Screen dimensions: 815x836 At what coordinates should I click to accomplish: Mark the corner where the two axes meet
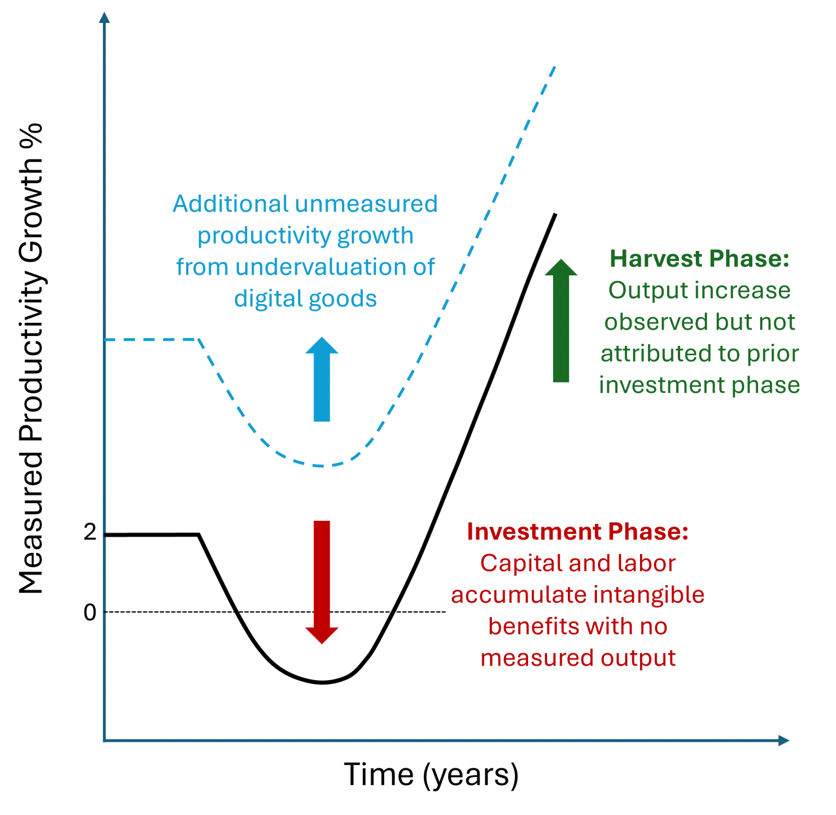pos(106,739)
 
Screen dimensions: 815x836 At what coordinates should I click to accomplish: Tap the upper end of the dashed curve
pos(553,65)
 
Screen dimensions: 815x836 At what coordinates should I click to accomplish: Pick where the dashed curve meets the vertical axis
pos(107,340)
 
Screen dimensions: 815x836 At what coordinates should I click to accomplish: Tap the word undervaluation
pos(320,267)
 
